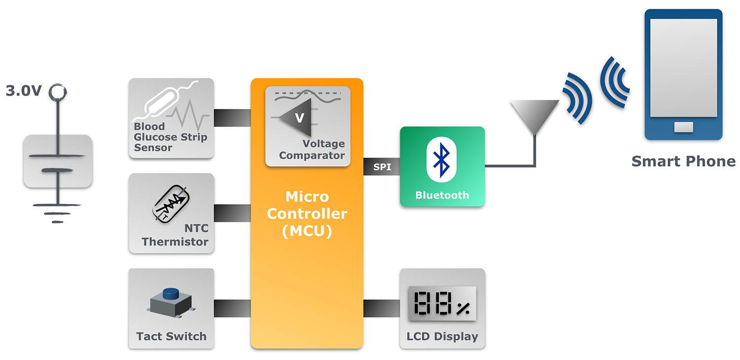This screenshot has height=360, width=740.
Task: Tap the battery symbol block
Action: tap(58, 161)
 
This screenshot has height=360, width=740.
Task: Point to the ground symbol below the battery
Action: tap(58, 212)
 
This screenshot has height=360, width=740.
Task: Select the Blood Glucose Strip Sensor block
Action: tap(171, 118)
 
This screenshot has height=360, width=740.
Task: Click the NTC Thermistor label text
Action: tap(175, 235)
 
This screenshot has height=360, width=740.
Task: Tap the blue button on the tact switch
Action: tap(171, 294)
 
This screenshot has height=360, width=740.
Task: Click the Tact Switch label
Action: tap(171, 336)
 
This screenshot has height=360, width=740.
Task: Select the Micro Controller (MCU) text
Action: tap(307, 214)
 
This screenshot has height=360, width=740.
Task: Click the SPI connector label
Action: tap(382, 167)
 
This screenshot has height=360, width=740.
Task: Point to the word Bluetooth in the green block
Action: tap(442, 195)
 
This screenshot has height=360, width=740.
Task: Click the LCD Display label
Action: tap(442, 337)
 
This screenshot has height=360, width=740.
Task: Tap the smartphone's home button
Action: tap(683, 128)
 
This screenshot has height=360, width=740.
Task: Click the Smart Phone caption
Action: tap(683, 161)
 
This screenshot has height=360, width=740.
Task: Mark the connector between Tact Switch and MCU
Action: tap(232, 308)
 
